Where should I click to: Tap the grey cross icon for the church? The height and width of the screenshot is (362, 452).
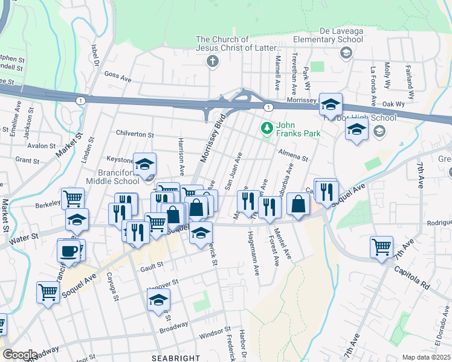(212, 61)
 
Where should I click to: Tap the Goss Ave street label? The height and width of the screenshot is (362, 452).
(118, 77)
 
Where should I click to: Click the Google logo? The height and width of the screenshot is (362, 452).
(20, 355)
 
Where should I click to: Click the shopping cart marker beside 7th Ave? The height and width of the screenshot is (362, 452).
(382, 246)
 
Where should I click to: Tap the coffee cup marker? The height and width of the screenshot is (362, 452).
(69, 249)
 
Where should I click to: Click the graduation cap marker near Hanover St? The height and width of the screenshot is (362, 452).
(159, 299)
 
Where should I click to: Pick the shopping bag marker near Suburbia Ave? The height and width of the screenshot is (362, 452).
(299, 203)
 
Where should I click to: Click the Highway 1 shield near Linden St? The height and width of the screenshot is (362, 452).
(79, 99)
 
